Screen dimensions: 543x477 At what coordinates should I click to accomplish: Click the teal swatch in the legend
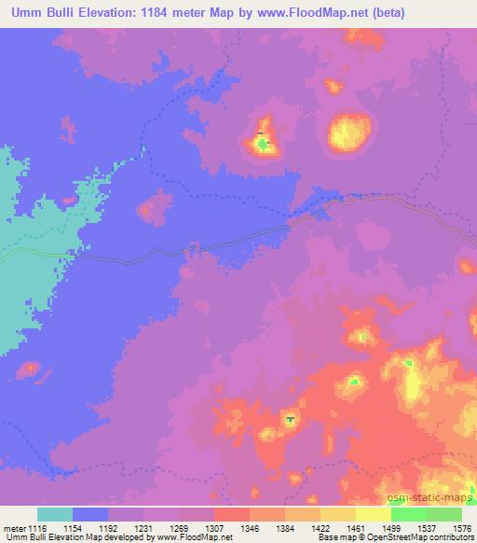tap(55, 514)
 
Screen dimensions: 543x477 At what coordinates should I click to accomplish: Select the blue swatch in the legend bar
tap(90, 514)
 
